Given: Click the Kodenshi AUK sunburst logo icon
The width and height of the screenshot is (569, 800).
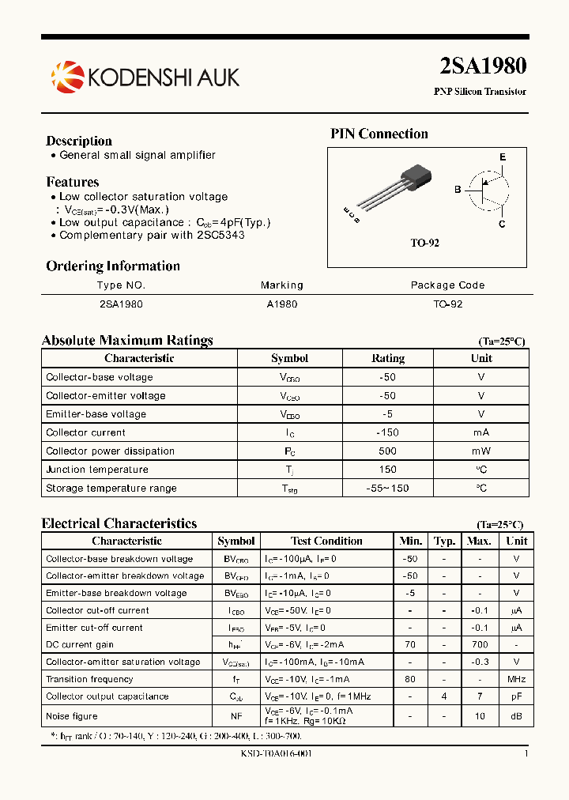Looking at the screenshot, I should click(67, 77).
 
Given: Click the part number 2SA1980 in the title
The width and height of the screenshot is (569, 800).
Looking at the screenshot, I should click(482, 66).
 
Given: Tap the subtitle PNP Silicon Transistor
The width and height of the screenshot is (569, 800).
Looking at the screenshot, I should click(480, 92).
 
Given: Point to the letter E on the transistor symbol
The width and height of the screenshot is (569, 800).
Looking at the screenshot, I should click(502, 157).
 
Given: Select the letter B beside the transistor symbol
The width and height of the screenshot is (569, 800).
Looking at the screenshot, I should click(458, 190).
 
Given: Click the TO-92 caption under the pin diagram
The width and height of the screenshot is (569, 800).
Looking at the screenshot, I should click(424, 243).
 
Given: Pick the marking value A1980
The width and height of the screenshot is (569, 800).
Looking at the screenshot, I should click(281, 304).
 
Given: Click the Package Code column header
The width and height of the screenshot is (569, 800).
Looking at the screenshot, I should click(447, 285).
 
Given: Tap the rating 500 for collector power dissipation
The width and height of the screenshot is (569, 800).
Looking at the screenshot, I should click(387, 451).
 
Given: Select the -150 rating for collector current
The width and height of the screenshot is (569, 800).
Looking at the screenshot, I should click(387, 432).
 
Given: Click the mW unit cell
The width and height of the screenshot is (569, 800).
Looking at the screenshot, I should click(480, 451).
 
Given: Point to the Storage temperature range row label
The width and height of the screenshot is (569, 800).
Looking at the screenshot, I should click(111, 489).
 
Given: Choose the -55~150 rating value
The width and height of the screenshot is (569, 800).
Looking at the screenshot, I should click(387, 489).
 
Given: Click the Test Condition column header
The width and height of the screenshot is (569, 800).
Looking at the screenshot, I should click(326, 542).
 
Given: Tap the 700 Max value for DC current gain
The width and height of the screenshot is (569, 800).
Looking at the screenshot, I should click(479, 645).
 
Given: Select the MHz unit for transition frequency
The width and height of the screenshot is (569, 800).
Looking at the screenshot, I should click(516, 680).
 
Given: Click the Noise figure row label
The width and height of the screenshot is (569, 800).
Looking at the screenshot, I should click(72, 716).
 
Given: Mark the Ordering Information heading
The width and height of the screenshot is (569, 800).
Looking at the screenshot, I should click(113, 266).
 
